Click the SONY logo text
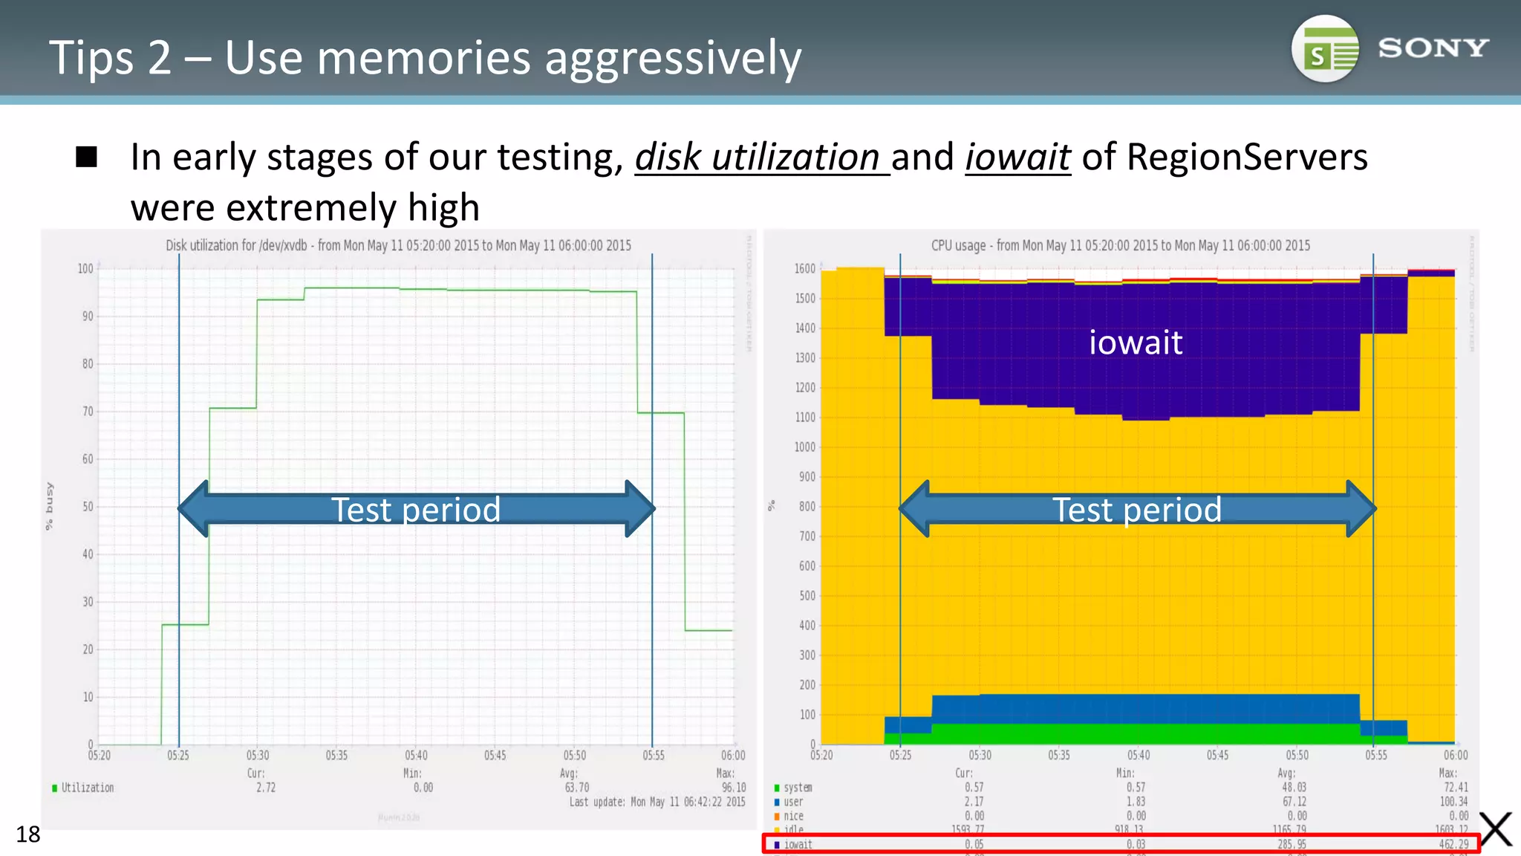[x=1433, y=48]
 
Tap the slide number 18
[x=28, y=834]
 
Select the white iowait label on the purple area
[x=1135, y=343]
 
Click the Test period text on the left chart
[x=416, y=510]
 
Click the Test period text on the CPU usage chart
[x=1137, y=510]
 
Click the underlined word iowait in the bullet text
[x=1017, y=158]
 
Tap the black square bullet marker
[x=87, y=157]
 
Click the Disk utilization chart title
[x=398, y=245]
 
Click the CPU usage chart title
[x=1120, y=245]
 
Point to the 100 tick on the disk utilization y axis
[x=85, y=268]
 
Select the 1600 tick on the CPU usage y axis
[x=805, y=268]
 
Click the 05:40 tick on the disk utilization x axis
[x=416, y=756]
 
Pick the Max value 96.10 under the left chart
[x=734, y=788]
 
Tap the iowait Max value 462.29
[x=1453, y=845]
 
